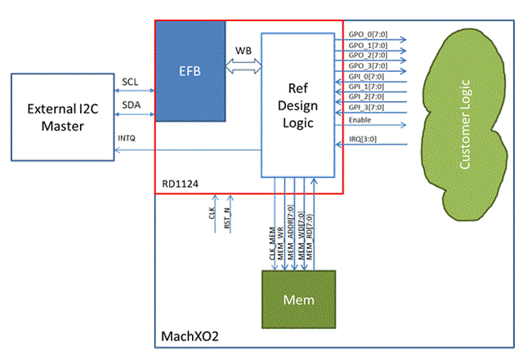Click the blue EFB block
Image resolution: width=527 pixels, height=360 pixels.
coord(190,71)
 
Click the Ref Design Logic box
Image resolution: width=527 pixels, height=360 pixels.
coord(297,104)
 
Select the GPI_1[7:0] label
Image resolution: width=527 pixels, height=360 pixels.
coord(365,85)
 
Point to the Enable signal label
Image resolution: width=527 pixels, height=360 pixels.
coord(360,119)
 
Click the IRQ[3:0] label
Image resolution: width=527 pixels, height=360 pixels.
coord(363,140)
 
